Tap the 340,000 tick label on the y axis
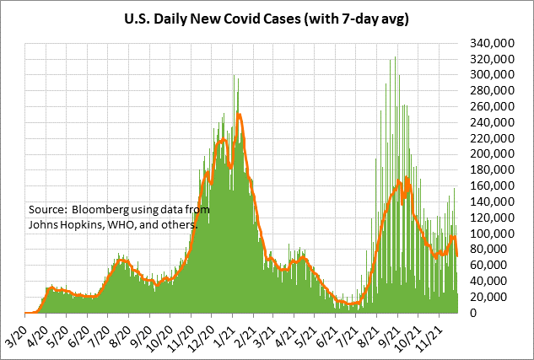pos(492,43)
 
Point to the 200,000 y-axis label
pos(492,154)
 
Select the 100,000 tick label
pos(492,234)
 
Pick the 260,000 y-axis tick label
pos(492,107)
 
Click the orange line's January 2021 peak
pos(240,114)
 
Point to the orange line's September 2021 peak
pos(407,178)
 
